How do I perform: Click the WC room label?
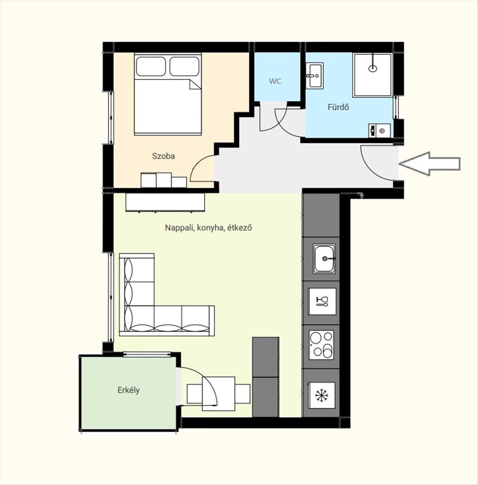tap(275, 81)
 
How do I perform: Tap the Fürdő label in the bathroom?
tap(338, 107)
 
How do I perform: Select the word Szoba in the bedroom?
tap(163, 156)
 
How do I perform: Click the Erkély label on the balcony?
tap(128, 390)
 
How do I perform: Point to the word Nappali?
tap(178, 227)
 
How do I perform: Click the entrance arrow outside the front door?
tap(430, 164)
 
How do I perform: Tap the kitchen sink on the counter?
tap(324, 259)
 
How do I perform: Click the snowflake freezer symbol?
tap(322, 395)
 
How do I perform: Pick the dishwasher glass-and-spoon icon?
tap(322, 301)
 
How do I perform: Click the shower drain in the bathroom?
tap(373, 68)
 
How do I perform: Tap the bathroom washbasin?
tap(315, 75)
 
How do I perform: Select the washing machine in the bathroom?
tap(380, 130)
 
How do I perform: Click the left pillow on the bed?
tap(151, 66)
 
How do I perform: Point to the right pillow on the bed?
tap(184, 66)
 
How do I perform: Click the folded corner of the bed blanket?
tap(195, 84)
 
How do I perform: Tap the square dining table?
tap(218, 393)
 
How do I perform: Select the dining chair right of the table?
tap(242, 393)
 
